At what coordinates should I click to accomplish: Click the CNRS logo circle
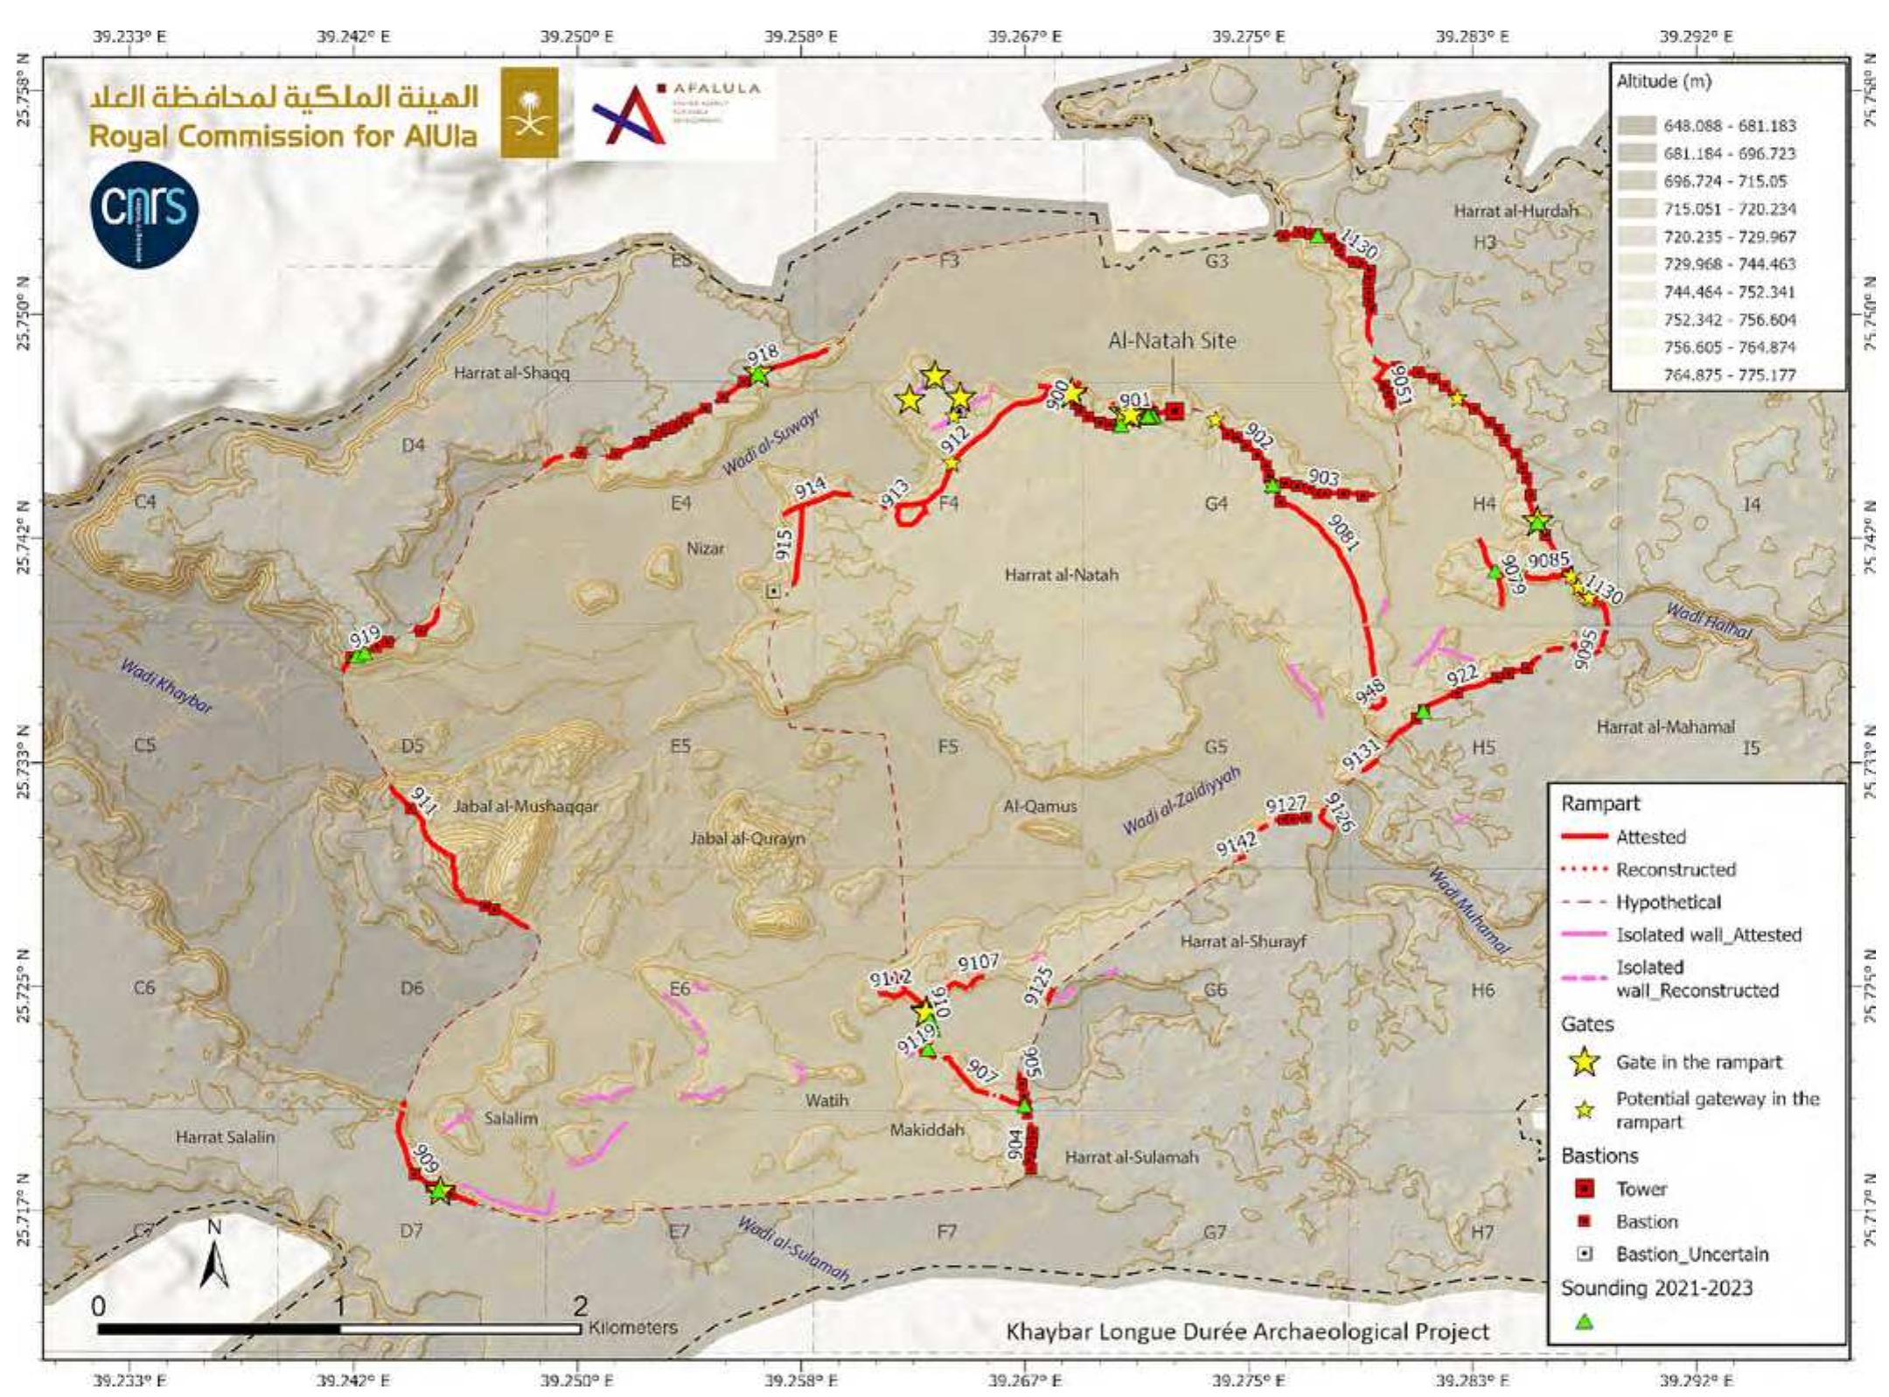pos(145,213)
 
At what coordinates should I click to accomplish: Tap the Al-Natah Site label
pos(1172,340)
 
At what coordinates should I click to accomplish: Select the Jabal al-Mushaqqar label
pos(526,807)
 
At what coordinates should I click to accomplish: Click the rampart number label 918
pos(763,353)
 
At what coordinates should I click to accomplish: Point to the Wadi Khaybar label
pos(166,687)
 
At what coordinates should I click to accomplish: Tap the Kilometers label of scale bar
pos(633,1327)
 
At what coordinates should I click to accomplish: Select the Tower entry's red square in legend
pos(1585,1189)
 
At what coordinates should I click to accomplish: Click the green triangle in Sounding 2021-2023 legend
pos(1584,1322)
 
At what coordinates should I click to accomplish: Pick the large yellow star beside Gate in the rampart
pos(1585,1062)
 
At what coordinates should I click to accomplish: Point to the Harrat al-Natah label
pos(1061,576)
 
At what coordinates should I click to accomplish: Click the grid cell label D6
pos(412,988)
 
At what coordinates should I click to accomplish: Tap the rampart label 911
pos(423,801)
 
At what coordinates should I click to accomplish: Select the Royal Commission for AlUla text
pos(283,136)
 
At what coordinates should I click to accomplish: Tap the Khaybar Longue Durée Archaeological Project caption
pos(1247,1331)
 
